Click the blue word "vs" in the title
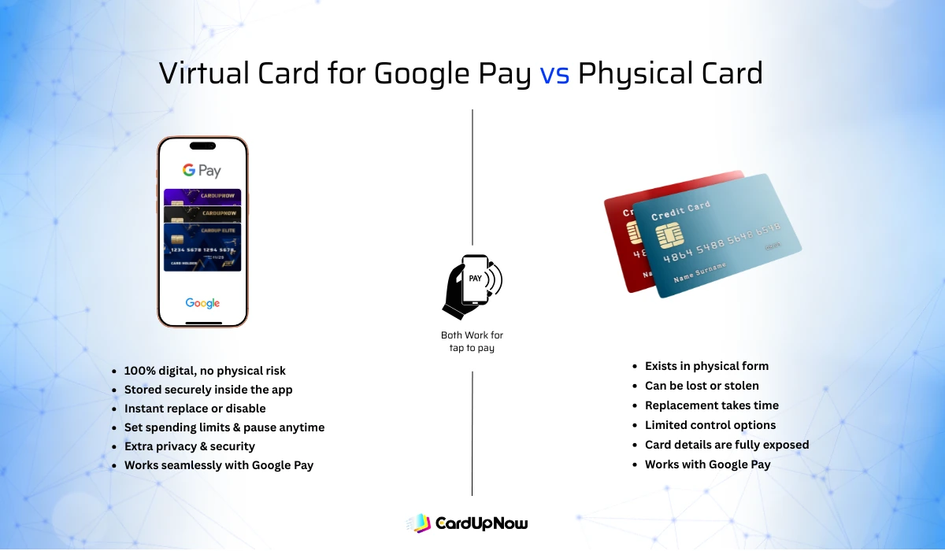[555, 73]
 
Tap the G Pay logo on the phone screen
[202, 170]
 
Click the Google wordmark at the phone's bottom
[202, 303]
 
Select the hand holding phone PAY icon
[472, 285]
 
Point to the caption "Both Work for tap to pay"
[472, 342]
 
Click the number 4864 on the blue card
[678, 257]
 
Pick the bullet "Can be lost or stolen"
[702, 386]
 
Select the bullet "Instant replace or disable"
[195, 409]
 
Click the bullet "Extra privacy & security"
[189, 446]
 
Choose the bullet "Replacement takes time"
[711, 405]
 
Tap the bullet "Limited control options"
[710, 425]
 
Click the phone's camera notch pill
[202, 146]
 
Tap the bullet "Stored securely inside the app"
[208, 390]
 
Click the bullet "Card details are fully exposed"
[726, 445]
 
